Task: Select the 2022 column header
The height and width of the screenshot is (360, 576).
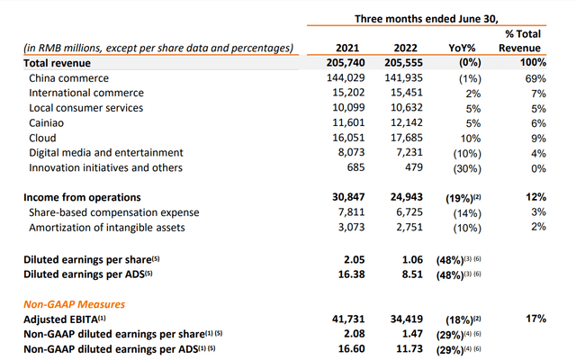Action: point(403,48)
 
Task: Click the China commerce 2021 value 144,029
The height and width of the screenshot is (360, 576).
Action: point(346,77)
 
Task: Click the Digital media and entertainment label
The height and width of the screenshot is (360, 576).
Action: point(106,153)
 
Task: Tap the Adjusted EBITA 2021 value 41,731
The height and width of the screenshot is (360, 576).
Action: point(346,319)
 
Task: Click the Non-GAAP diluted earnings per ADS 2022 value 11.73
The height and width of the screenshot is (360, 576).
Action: point(403,349)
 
